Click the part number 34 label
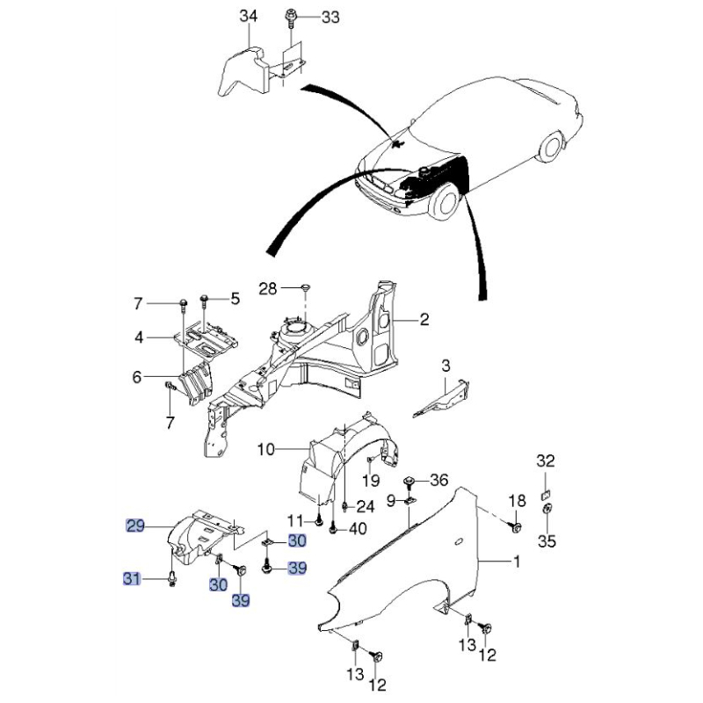[249, 16]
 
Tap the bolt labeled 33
[290, 19]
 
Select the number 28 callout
[268, 289]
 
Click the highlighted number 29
[135, 525]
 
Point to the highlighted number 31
[131, 579]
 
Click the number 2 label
[424, 320]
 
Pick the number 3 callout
[446, 366]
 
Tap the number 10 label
[266, 449]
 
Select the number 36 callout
[438, 480]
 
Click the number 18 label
[517, 500]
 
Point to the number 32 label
[546, 460]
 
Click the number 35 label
[547, 541]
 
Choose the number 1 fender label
[517, 561]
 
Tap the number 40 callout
[358, 529]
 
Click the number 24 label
[365, 507]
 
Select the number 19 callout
[371, 480]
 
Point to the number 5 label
[236, 299]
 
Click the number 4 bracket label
[139, 337]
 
